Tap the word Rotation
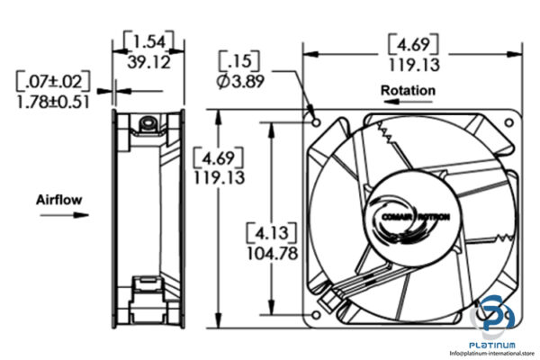(408, 90)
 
